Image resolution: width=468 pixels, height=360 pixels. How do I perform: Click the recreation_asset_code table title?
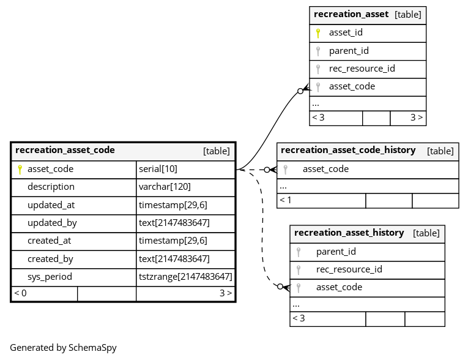[65, 150]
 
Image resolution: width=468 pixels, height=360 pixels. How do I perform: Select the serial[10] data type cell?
[158, 169]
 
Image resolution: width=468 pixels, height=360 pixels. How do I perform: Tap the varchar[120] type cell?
[165, 187]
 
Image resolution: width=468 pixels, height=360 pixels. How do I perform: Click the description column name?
[51, 187]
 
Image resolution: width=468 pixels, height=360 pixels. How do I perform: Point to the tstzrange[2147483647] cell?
[185, 277]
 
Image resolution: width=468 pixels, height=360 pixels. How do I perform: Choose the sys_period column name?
[50, 277]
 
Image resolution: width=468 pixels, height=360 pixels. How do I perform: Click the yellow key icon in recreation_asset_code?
[20, 170]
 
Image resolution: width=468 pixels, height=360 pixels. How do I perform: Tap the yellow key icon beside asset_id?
[318, 33]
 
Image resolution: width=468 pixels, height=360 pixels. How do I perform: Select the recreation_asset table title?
[351, 14]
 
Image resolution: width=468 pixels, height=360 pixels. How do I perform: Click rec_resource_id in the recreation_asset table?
[362, 69]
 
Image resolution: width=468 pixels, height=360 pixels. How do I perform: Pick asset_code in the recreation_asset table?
[352, 87]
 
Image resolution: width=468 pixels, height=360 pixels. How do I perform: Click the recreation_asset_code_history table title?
[348, 150]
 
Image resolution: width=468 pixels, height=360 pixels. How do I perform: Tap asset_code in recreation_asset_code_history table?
[326, 169]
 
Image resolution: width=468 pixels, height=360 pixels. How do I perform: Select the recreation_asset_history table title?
[349, 233]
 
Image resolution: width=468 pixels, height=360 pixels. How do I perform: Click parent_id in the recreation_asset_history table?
[336, 252]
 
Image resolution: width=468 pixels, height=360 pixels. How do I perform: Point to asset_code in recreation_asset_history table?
[340, 287]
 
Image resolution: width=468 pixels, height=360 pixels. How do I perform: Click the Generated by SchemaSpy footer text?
[63, 348]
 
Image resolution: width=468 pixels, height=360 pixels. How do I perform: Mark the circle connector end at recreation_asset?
[300, 91]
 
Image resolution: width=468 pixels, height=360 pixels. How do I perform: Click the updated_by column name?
[52, 223]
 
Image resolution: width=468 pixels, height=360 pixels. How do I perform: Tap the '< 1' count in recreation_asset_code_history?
[285, 200]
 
